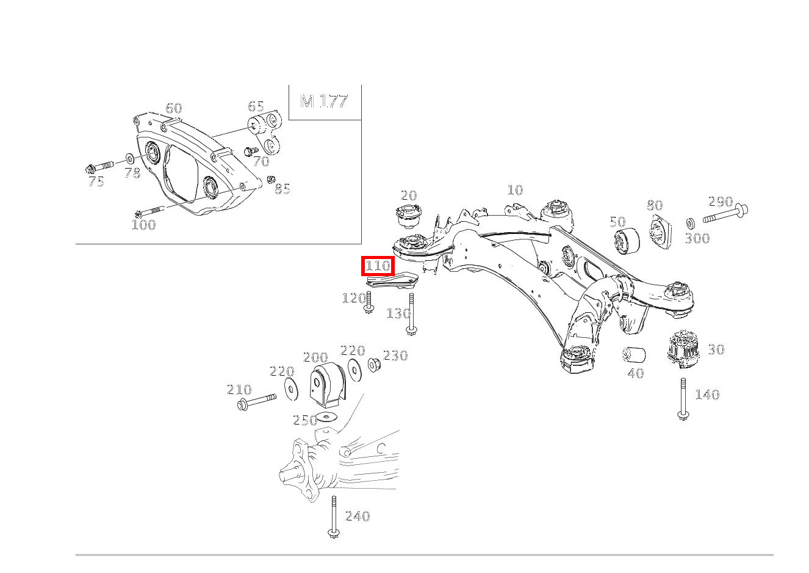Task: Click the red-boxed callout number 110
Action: (x=378, y=266)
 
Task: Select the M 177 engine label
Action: (x=324, y=101)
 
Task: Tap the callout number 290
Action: (x=721, y=202)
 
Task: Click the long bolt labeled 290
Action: (x=725, y=215)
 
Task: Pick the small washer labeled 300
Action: (x=690, y=224)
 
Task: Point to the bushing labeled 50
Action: (x=627, y=241)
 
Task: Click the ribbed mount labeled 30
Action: (x=683, y=349)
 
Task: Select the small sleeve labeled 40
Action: (x=634, y=355)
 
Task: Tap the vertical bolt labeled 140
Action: (x=683, y=399)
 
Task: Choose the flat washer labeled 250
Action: (x=326, y=417)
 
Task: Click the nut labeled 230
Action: (x=374, y=364)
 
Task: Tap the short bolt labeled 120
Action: (x=369, y=302)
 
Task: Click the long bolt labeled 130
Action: (x=411, y=314)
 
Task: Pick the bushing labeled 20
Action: (x=409, y=216)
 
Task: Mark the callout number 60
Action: (x=174, y=108)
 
